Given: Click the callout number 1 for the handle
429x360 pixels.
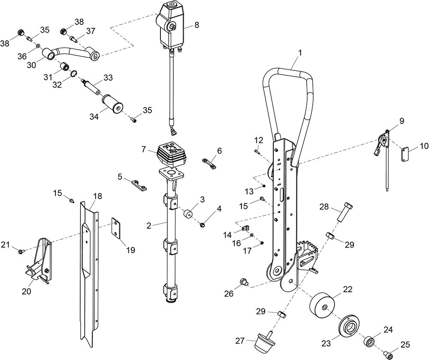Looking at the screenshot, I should (x=300, y=53).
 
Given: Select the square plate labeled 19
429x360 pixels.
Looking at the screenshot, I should (x=117, y=227).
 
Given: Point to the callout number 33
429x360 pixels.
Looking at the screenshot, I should (x=108, y=78).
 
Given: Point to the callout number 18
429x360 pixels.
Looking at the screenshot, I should (x=97, y=196).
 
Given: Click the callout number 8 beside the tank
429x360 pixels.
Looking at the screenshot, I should (x=196, y=25).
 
